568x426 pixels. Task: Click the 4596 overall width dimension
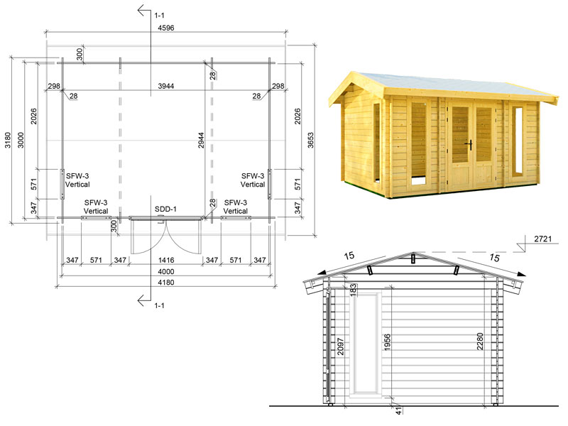166,28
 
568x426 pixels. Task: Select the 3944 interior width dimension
166,86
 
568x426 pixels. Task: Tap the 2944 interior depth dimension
201,140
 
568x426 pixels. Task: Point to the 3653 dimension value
310,140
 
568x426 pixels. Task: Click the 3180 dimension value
8,140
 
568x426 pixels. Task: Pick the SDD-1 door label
165,209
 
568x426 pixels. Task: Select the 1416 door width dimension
166,260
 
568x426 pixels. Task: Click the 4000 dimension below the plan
166,271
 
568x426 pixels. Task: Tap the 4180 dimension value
166,282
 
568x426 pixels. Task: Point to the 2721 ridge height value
542,239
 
